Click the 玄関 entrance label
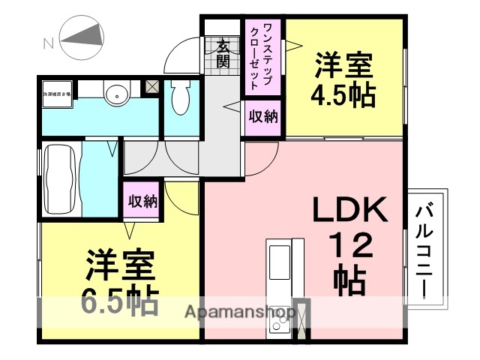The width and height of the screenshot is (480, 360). [223, 54]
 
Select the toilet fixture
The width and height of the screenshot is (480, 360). [180, 97]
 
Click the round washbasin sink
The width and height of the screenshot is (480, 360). [116, 95]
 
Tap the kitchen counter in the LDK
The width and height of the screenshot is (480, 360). [278, 285]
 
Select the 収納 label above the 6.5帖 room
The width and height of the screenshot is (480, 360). [142, 201]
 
